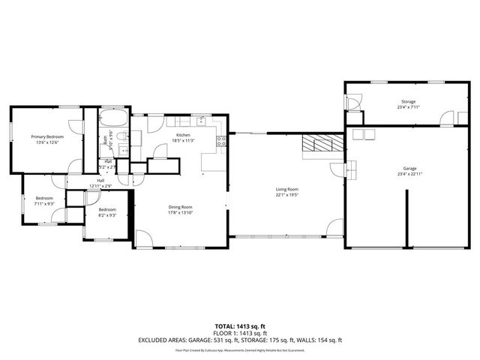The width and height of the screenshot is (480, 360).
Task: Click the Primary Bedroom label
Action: pos(46,136)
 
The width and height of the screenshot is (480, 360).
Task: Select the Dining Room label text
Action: pos(180,207)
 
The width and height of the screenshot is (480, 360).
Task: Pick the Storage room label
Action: pos(408,101)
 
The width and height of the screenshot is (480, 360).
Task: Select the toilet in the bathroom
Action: pos(135,136)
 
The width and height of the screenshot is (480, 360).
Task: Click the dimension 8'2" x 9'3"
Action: pos(106,215)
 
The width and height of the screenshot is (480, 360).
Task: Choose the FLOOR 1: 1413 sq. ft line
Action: pos(239,333)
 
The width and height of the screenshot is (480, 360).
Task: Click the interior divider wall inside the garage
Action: pos(407,217)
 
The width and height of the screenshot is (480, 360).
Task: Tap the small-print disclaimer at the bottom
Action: pos(239,349)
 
